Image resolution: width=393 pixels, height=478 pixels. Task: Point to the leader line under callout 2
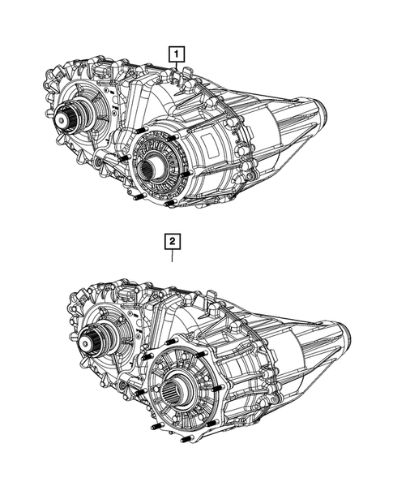pos(173,258)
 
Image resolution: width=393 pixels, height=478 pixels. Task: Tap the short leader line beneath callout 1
pos(176,68)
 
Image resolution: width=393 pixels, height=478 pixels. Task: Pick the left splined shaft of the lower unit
pos(94,337)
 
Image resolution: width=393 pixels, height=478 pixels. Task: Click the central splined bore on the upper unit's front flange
pos(152,170)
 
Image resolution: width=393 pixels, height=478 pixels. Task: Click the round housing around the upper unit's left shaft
pos(85,114)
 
